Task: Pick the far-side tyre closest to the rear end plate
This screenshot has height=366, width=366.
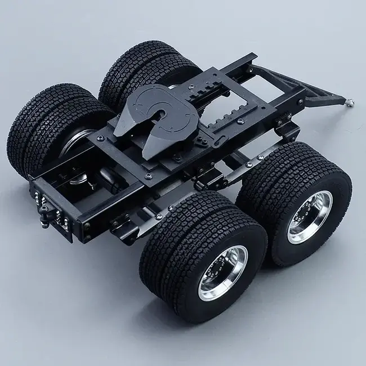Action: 45,124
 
